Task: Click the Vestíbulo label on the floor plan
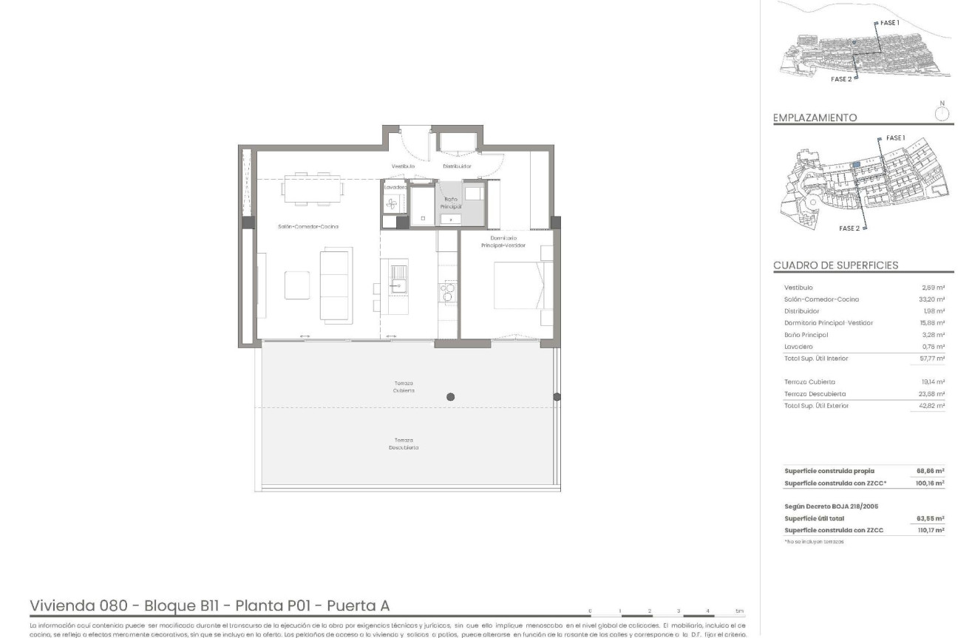(x=403, y=166)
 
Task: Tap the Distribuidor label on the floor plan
(x=457, y=166)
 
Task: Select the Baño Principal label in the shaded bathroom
(x=451, y=204)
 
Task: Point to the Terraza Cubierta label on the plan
(x=404, y=387)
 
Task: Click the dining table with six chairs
(x=312, y=188)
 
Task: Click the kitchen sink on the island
(x=398, y=278)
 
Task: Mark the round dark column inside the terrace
(x=450, y=397)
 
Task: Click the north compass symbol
(x=942, y=113)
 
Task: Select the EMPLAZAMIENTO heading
(x=815, y=118)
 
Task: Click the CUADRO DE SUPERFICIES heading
(x=836, y=265)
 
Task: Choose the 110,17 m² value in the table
(x=931, y=530)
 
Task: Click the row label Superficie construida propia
(x=829, y=470)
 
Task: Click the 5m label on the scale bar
(x=739, y=611)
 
